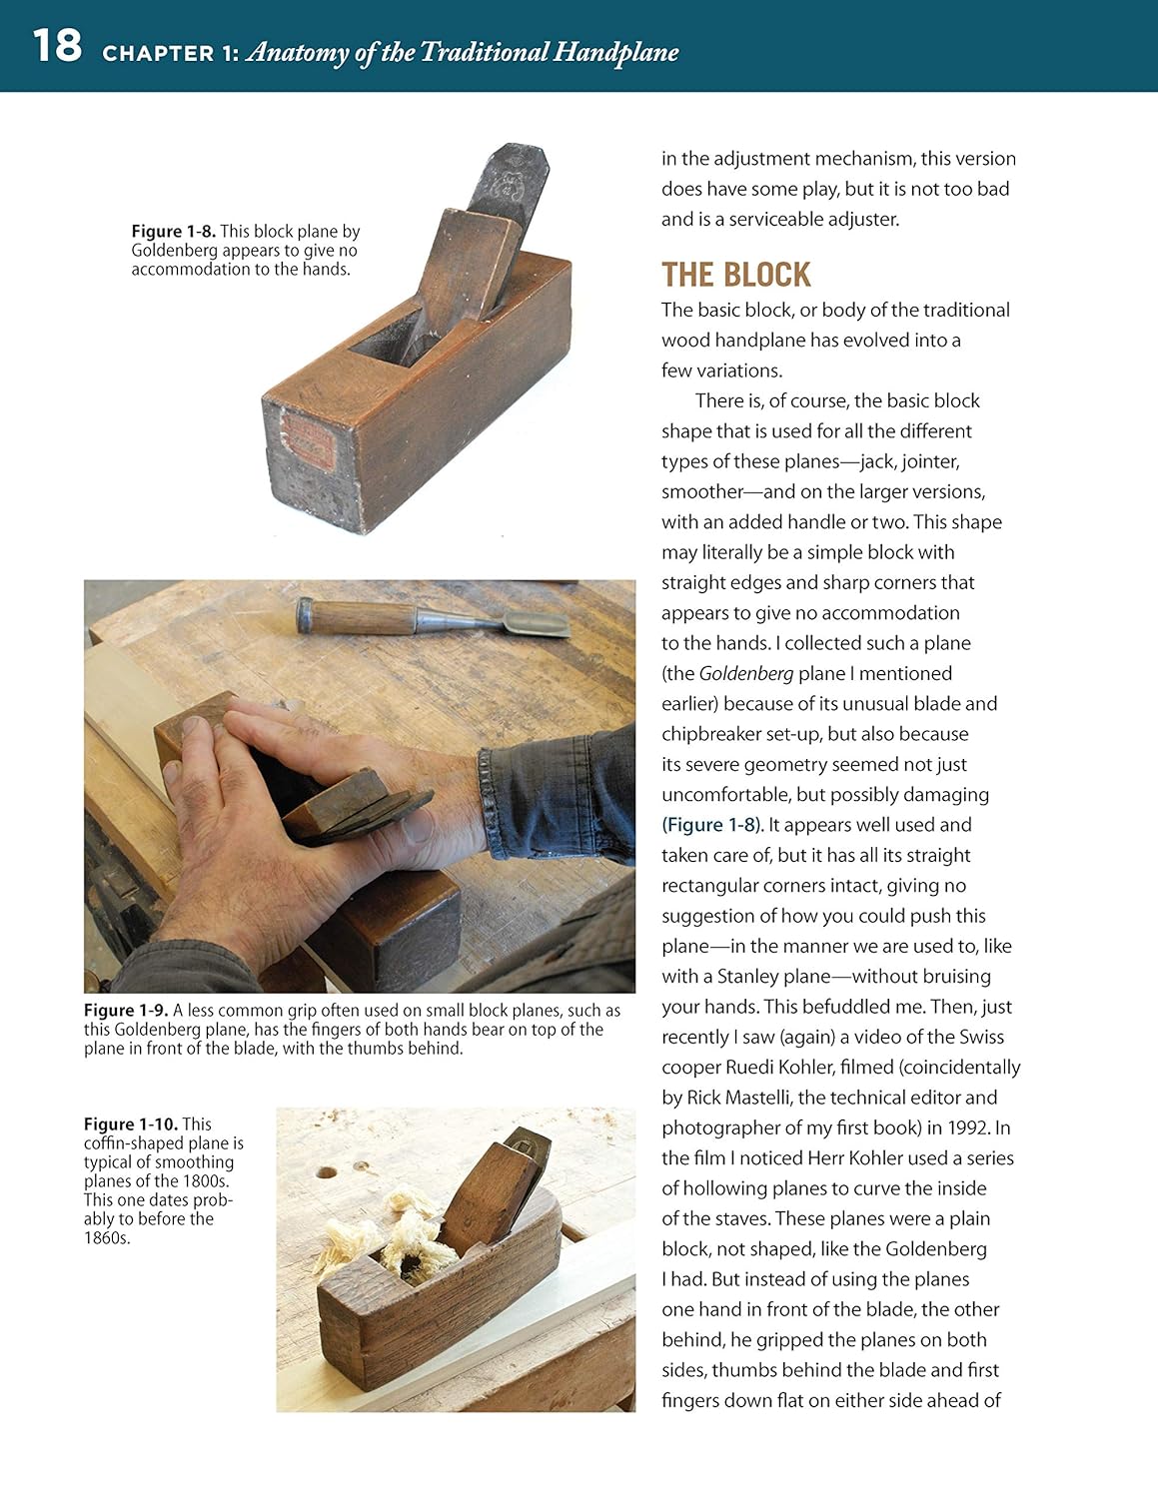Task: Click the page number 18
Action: pyautogui.click(x=56, y=46)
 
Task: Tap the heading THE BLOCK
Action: pyautogui.click(x=735, y=275)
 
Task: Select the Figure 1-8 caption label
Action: pyautogui.click(x=173, y=232)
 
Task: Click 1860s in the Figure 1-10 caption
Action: pyautogui.click(x=107, y=1238)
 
